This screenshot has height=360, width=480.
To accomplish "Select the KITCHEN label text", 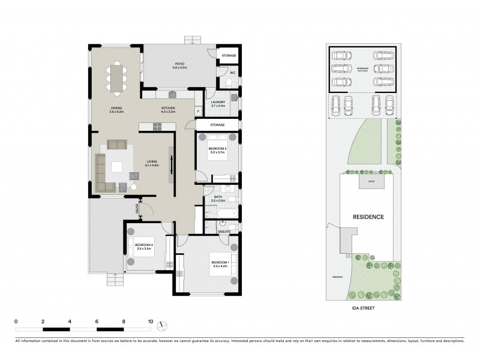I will pos(167,108).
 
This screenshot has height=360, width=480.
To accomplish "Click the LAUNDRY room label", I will pos(218,102).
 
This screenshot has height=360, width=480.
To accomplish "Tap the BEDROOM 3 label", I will pos(217,148).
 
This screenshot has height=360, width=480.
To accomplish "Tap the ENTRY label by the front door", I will pos(137,208).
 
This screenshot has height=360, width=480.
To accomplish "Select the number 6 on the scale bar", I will pos(97,322).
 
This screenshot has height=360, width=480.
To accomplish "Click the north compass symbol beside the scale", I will pos(162,325).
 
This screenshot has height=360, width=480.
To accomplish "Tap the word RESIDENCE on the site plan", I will pos(368,217).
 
